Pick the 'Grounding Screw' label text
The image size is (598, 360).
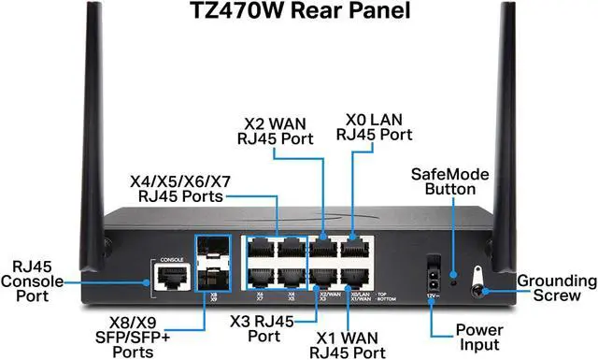point(557,288)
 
